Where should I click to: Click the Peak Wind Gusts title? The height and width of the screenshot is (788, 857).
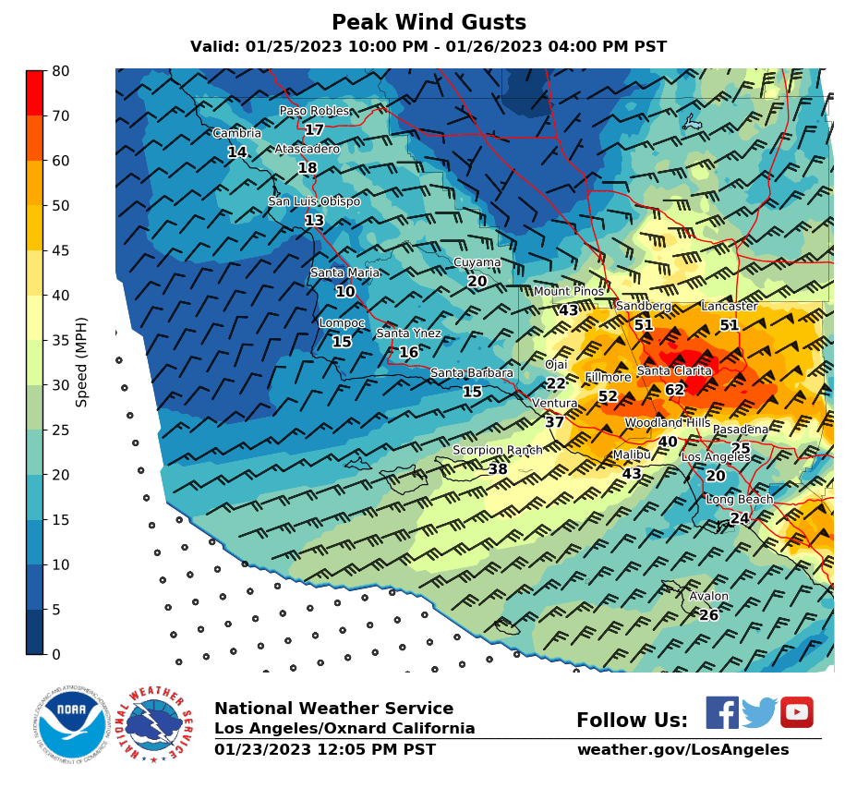click(x=428, y=22)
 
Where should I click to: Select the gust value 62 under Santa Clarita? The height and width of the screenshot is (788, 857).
click(x=674, y=390)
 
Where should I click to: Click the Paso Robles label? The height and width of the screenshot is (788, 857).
click(x=314, y=111)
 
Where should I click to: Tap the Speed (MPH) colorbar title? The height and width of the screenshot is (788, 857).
click(x=82, y=362)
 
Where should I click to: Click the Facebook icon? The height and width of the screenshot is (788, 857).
click(x=722, y=712)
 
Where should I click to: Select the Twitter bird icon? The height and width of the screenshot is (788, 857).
click(x=759, y=712)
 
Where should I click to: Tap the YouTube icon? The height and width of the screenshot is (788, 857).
click(x=796, y=712)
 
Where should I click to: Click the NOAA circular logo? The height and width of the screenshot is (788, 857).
click(x=72, y=725)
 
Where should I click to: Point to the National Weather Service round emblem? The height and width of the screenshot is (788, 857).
click(x=160, y=725)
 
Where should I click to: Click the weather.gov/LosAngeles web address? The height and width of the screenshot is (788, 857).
click(x=682, y=749)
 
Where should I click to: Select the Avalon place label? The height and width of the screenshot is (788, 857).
click(x=708, y=597)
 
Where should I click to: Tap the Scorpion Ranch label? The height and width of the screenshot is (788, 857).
click(x=497, y=451)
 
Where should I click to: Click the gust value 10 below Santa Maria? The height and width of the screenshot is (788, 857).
click(x=344, y=292)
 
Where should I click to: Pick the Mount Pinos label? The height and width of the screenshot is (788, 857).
click(x=568, y=292)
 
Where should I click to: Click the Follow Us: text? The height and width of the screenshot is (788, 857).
click(x=632, y=721)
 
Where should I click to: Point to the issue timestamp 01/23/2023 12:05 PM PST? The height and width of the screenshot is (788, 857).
click(x=324, y=749)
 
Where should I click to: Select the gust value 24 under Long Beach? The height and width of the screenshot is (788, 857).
click(x=739, y=518)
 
